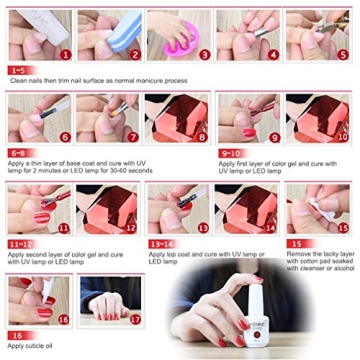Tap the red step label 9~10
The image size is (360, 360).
[232, 155]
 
